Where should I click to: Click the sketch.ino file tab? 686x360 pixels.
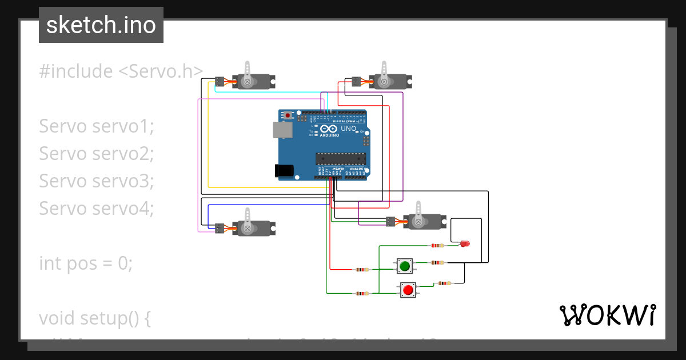click(101, 25)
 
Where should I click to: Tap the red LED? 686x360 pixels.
click(465, 244)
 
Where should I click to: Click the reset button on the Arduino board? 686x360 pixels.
click(288, 115)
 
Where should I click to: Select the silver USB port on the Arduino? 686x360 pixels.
click(282, 130)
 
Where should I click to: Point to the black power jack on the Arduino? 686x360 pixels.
click(284, 170)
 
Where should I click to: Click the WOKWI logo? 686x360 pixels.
click(607, 315)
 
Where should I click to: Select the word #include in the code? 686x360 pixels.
click(76, 71)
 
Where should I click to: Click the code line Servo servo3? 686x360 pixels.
click(97, 181)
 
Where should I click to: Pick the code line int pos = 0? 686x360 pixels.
click(86, 263)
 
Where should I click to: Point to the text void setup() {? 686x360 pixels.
click(94, 318)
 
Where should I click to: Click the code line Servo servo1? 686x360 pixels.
click(97, 126)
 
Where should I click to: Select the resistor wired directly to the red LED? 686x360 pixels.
click(437, 246)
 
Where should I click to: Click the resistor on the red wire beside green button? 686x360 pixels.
click(362, 269)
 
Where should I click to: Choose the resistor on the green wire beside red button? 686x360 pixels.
click(362, 293)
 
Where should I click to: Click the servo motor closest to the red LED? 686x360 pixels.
click(424, 221)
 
